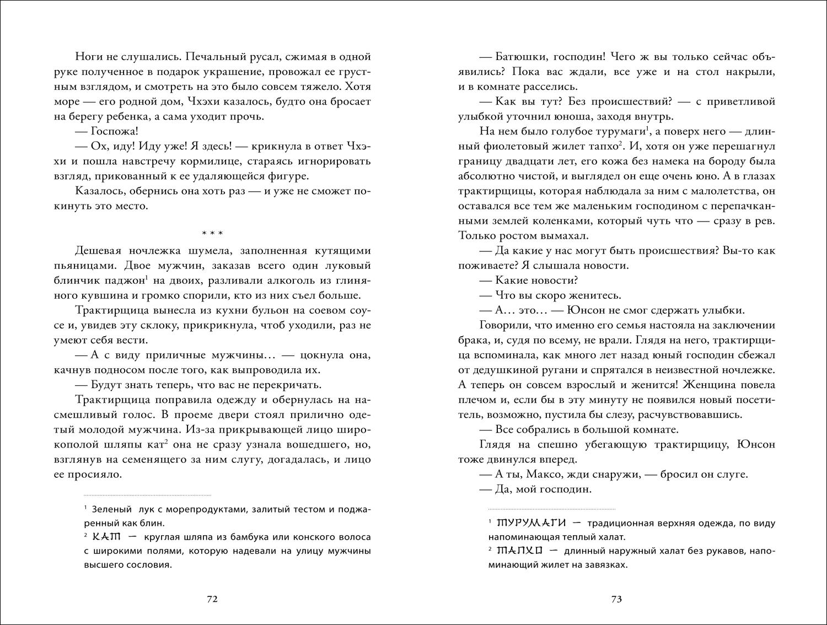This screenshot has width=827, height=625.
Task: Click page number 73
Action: click(x=616, y=599)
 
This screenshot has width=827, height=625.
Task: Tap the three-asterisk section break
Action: click(x=212, y=233)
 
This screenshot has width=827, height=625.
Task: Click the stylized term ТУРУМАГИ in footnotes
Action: click(x=532, y=522)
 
